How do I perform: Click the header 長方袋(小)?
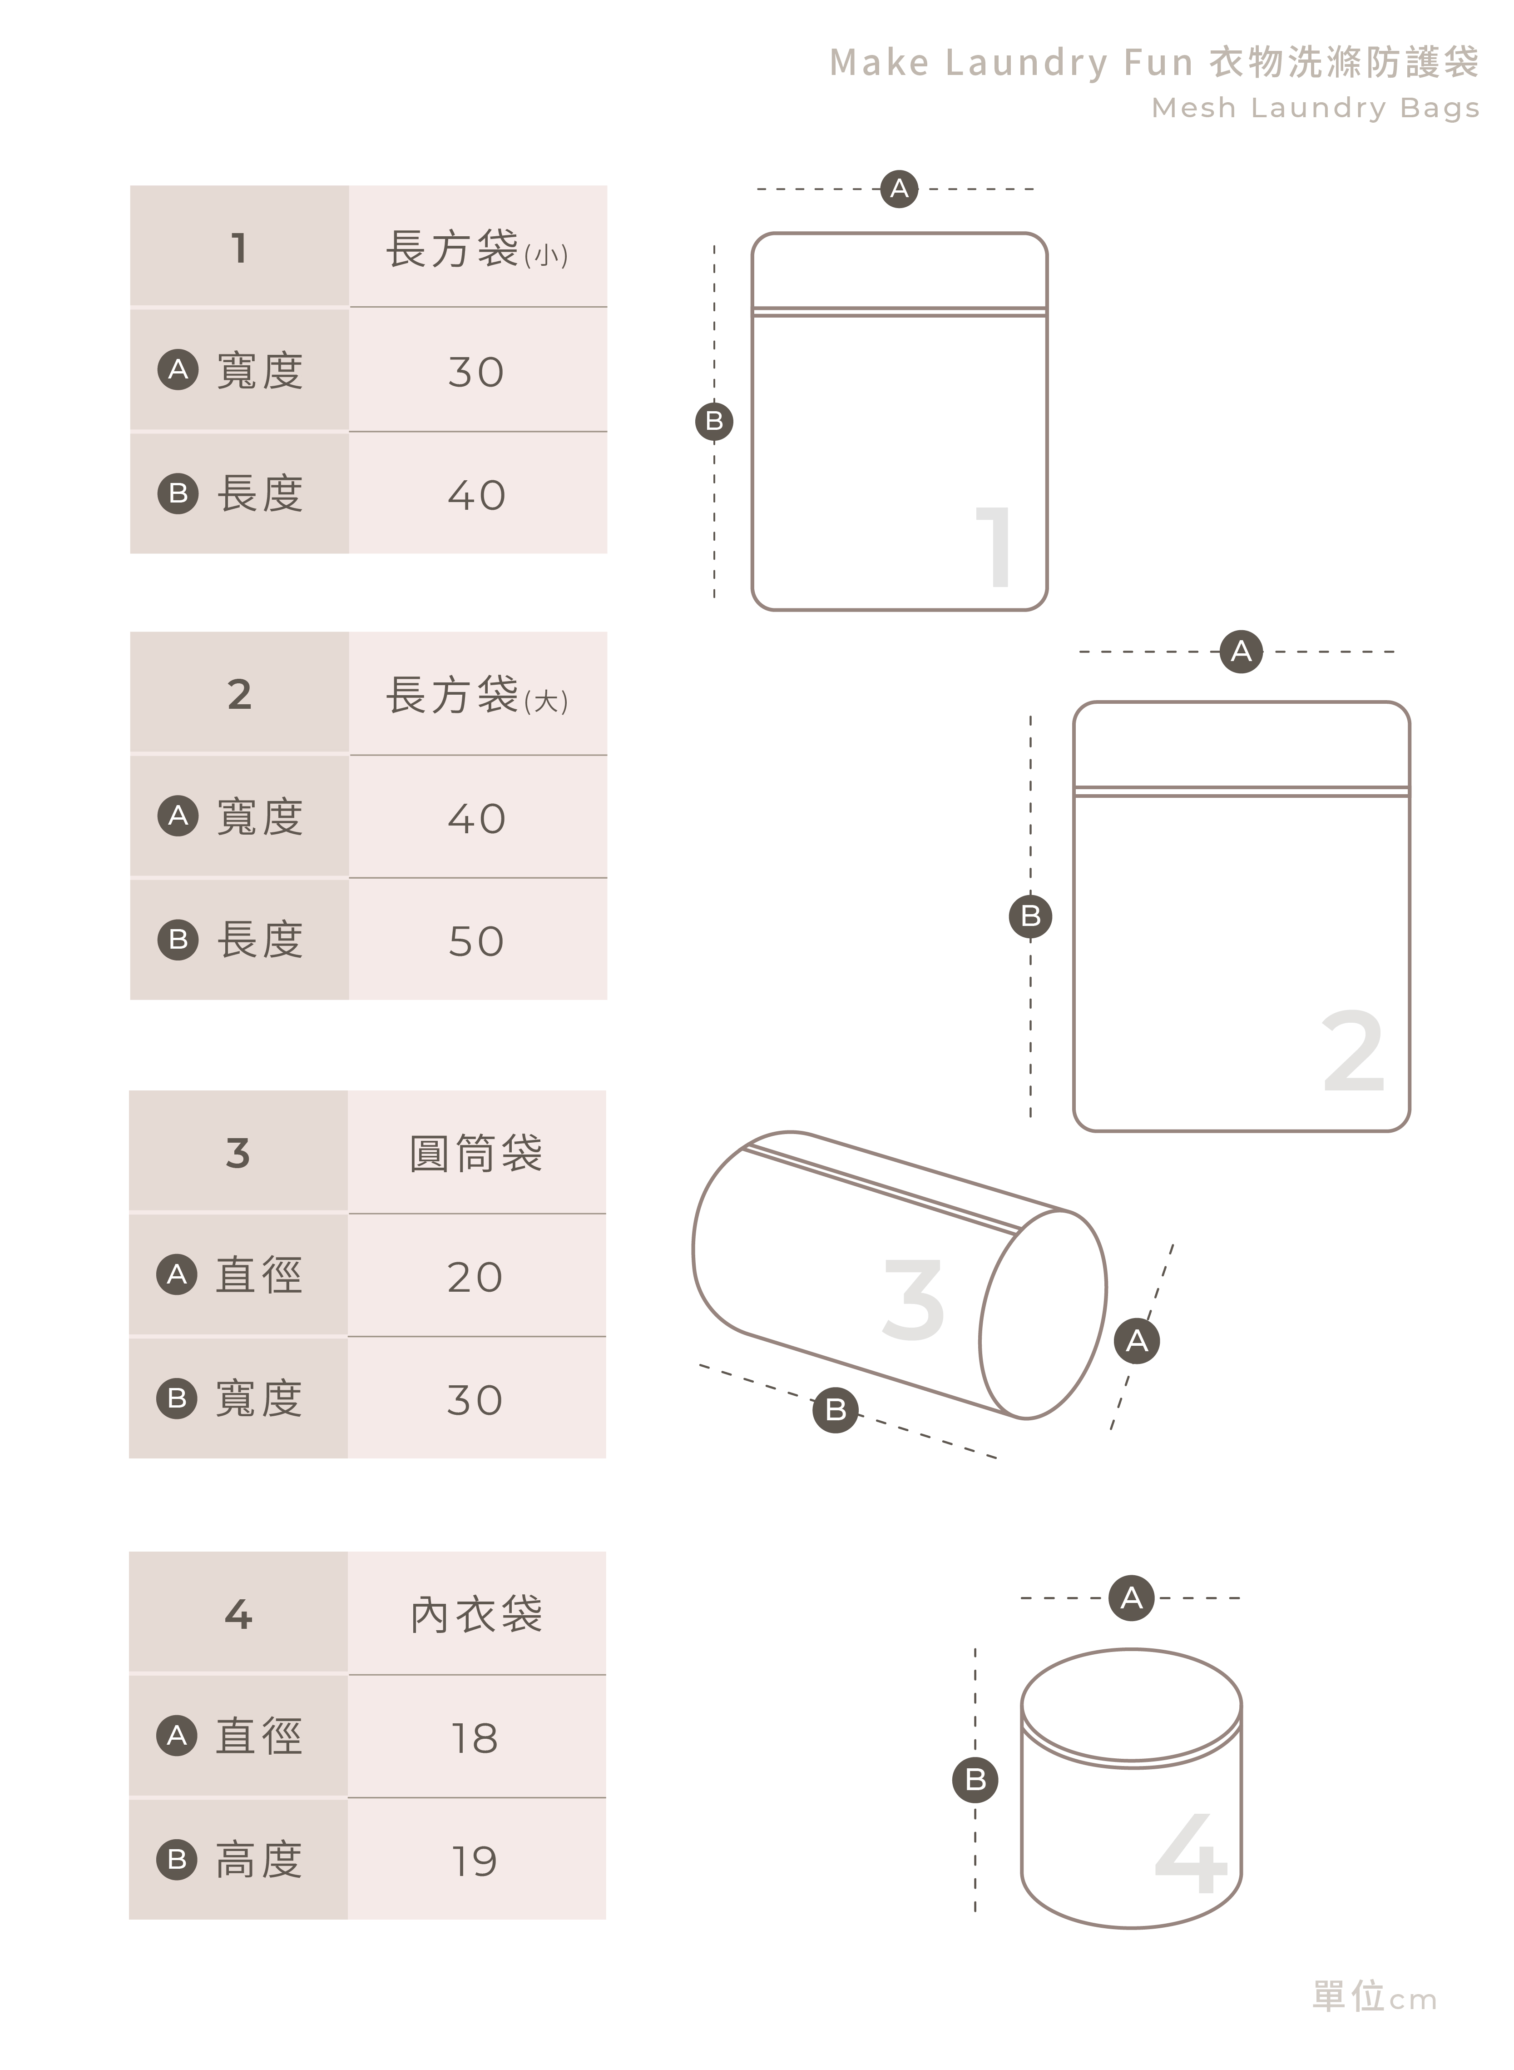476,249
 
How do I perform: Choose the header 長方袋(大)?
476,696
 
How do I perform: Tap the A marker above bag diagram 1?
899,189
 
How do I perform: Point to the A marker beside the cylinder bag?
1137,1341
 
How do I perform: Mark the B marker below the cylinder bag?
835,1410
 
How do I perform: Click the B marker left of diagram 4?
975,1779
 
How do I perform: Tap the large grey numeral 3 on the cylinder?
913,1300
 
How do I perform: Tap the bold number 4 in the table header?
238,1614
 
